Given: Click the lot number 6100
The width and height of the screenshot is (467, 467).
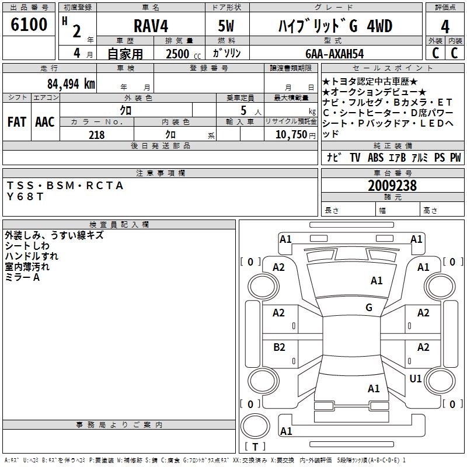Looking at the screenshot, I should point(29,25).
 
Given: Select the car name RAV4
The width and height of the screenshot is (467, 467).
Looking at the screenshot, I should point(150,26).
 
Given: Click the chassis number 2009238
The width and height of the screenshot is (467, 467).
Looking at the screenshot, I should point(392,186).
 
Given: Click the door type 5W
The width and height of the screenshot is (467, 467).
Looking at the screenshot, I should point(227,26).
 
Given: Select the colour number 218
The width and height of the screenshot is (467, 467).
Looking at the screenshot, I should point(97,135).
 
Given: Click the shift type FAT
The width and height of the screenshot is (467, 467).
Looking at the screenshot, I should point(17,122).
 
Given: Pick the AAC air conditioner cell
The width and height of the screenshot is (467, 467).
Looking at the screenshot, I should point(45,122).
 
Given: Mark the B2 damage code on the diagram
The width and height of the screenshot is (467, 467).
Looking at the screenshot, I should point(280,347).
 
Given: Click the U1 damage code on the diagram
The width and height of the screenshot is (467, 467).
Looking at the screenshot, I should point(416,379).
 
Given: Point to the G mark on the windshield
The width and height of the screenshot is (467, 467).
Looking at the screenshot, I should point(369,308).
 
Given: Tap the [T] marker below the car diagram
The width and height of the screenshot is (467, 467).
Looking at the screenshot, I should point(255,447).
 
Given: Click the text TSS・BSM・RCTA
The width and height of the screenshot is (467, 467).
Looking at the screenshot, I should point(65,186).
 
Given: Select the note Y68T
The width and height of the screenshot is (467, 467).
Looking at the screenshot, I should point(25,197).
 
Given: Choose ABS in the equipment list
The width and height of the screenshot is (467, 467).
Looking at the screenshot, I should point(375,158).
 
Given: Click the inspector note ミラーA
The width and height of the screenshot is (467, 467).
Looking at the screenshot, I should point(23,277).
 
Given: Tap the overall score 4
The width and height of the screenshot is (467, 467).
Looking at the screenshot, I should point(445,26).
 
